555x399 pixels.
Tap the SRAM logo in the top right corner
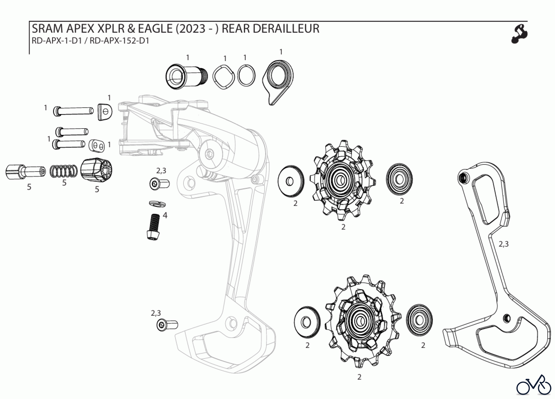click(x=520, y=34)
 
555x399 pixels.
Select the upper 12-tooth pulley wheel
click(x=343, y=180)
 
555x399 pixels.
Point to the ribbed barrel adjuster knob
click(x=96, y=170)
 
